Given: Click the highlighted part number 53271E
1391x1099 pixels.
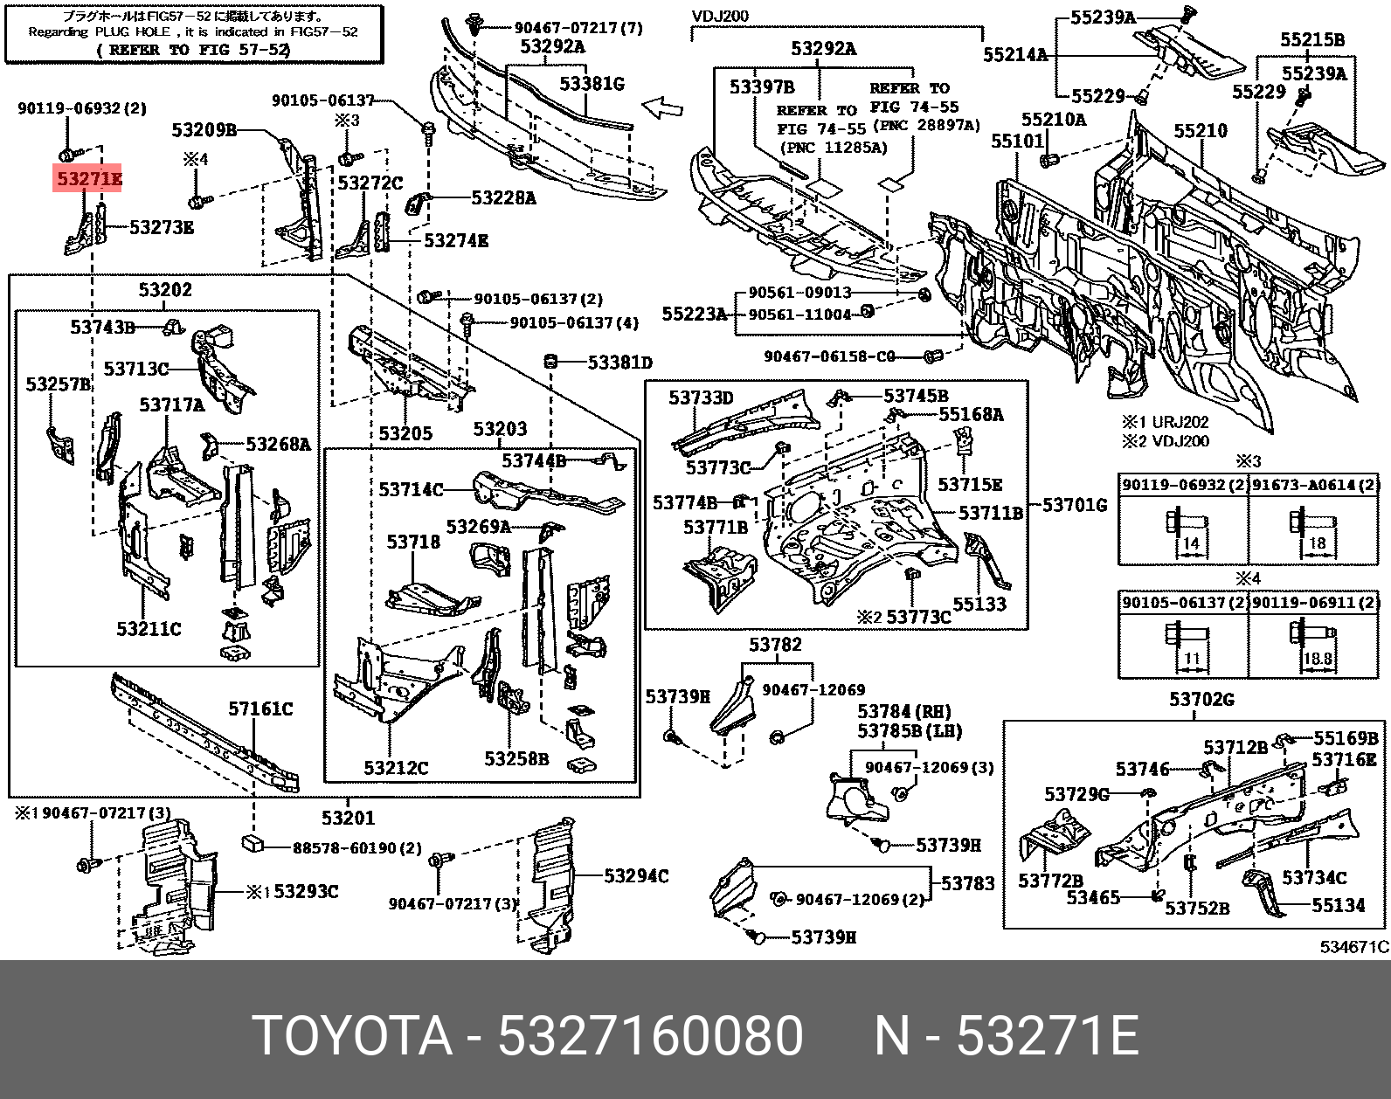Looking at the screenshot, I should point(88,180).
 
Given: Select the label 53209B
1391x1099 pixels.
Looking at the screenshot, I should point(204,130).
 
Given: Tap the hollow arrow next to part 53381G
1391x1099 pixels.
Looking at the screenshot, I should point(661,107).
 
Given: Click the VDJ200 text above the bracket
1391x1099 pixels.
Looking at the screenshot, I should point(720,16).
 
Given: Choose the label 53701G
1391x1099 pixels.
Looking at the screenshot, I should point(1075,505).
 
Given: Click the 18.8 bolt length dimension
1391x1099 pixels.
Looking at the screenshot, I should point(1317,660).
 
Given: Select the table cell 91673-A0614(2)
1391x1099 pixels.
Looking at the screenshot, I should point(1314,484).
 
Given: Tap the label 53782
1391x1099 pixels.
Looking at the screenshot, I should point(774,645).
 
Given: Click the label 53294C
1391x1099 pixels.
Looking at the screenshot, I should point(636,875).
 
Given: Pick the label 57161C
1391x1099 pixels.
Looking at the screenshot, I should point(260,708).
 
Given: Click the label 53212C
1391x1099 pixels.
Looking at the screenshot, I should point(396,768).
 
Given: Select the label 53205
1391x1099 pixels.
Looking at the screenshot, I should point(405,433).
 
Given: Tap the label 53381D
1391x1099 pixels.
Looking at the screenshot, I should point(619,362).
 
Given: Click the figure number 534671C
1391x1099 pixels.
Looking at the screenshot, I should point(1353,947).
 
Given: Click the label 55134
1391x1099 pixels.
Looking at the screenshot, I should point(1338,906).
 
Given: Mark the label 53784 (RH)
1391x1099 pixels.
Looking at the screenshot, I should point(903,712).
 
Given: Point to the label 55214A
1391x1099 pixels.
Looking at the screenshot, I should point(1014,55).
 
